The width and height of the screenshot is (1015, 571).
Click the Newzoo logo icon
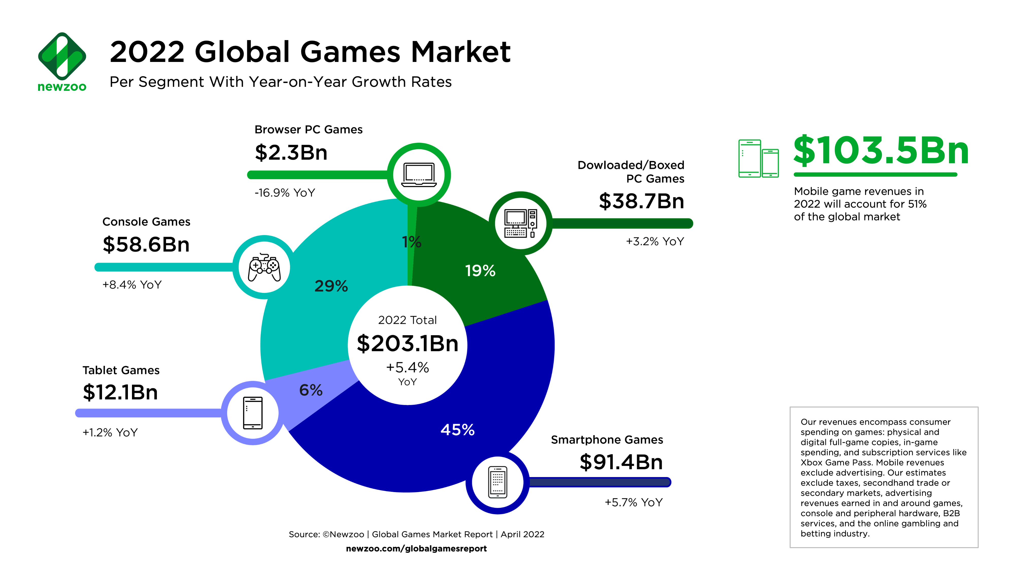[62, 56]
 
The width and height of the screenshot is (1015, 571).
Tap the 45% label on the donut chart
[457, 430]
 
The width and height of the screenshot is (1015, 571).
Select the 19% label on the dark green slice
[480, 271]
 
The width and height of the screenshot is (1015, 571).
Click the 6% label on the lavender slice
[311, 390]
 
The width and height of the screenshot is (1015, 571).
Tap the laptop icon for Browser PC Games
[419, 175]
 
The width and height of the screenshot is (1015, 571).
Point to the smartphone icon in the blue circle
[498, 482]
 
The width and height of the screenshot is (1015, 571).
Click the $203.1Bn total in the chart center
[407, 343]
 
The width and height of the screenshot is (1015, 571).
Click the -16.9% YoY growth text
[285, 193]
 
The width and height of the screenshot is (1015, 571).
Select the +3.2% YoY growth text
[655, 241]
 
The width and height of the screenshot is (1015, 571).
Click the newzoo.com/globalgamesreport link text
[416, 549]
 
